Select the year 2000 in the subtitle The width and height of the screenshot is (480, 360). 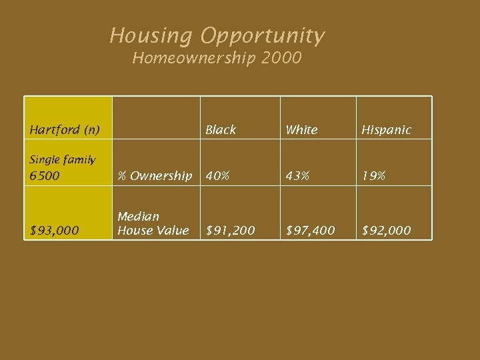(x=282, y=59)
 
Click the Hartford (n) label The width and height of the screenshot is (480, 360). (x=64, y=130)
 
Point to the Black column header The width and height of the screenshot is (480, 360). (x=221, y=130)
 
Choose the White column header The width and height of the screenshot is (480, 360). (x=301, y=130)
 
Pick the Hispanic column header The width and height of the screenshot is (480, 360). (x=386, y=130)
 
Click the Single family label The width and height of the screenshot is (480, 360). (x=62, y=160)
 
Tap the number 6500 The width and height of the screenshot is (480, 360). (x=44, y=176)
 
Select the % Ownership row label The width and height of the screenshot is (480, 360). (x=155, y=176)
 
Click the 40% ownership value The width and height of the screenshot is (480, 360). (x=217, y=176)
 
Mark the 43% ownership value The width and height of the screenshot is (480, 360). (x=297, y=176)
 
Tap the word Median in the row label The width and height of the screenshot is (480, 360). (x=139, y=217)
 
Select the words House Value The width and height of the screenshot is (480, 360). (x=153, y=231)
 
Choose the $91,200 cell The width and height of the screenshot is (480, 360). (x=229, y=231)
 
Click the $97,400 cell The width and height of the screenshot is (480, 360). (x=310, y=231)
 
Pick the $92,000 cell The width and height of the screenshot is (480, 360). (x=386, y=231)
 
